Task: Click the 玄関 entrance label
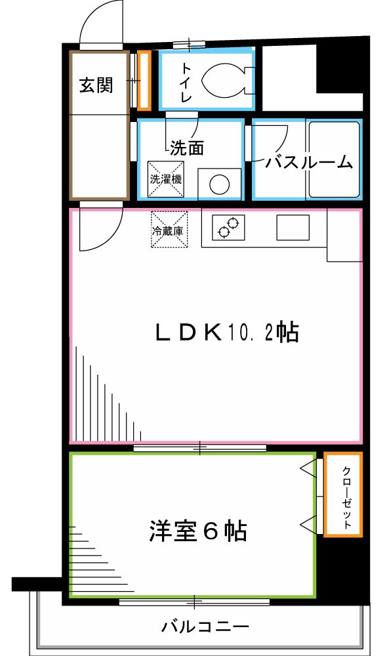[96, 86]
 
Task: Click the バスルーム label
[308, 162]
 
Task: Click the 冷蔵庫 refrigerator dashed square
[169, 230]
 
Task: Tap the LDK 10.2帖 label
[226, 333]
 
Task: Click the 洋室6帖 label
[197, 530]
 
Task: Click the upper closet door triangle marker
[307, 468]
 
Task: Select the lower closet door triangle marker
[307, 523]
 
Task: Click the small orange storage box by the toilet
[144, 79]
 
